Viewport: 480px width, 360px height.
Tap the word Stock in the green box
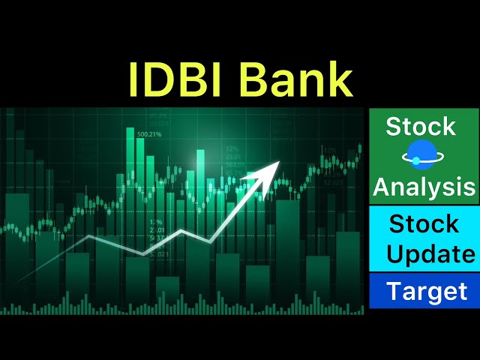(x=421, y=127)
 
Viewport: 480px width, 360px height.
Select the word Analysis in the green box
(x=424, y=187)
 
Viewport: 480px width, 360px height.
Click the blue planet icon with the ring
(x=423, y=157)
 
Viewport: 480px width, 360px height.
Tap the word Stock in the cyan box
(x=424, y=223)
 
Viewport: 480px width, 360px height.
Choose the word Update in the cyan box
(x=430, y=254)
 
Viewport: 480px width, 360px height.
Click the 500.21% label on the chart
(x=150, y=134)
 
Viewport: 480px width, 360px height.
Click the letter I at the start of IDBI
(x=133, y=79)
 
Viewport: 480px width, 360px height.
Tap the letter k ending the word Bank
(x=340, y=79)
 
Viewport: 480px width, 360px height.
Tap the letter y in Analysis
(x=440, y=189)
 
